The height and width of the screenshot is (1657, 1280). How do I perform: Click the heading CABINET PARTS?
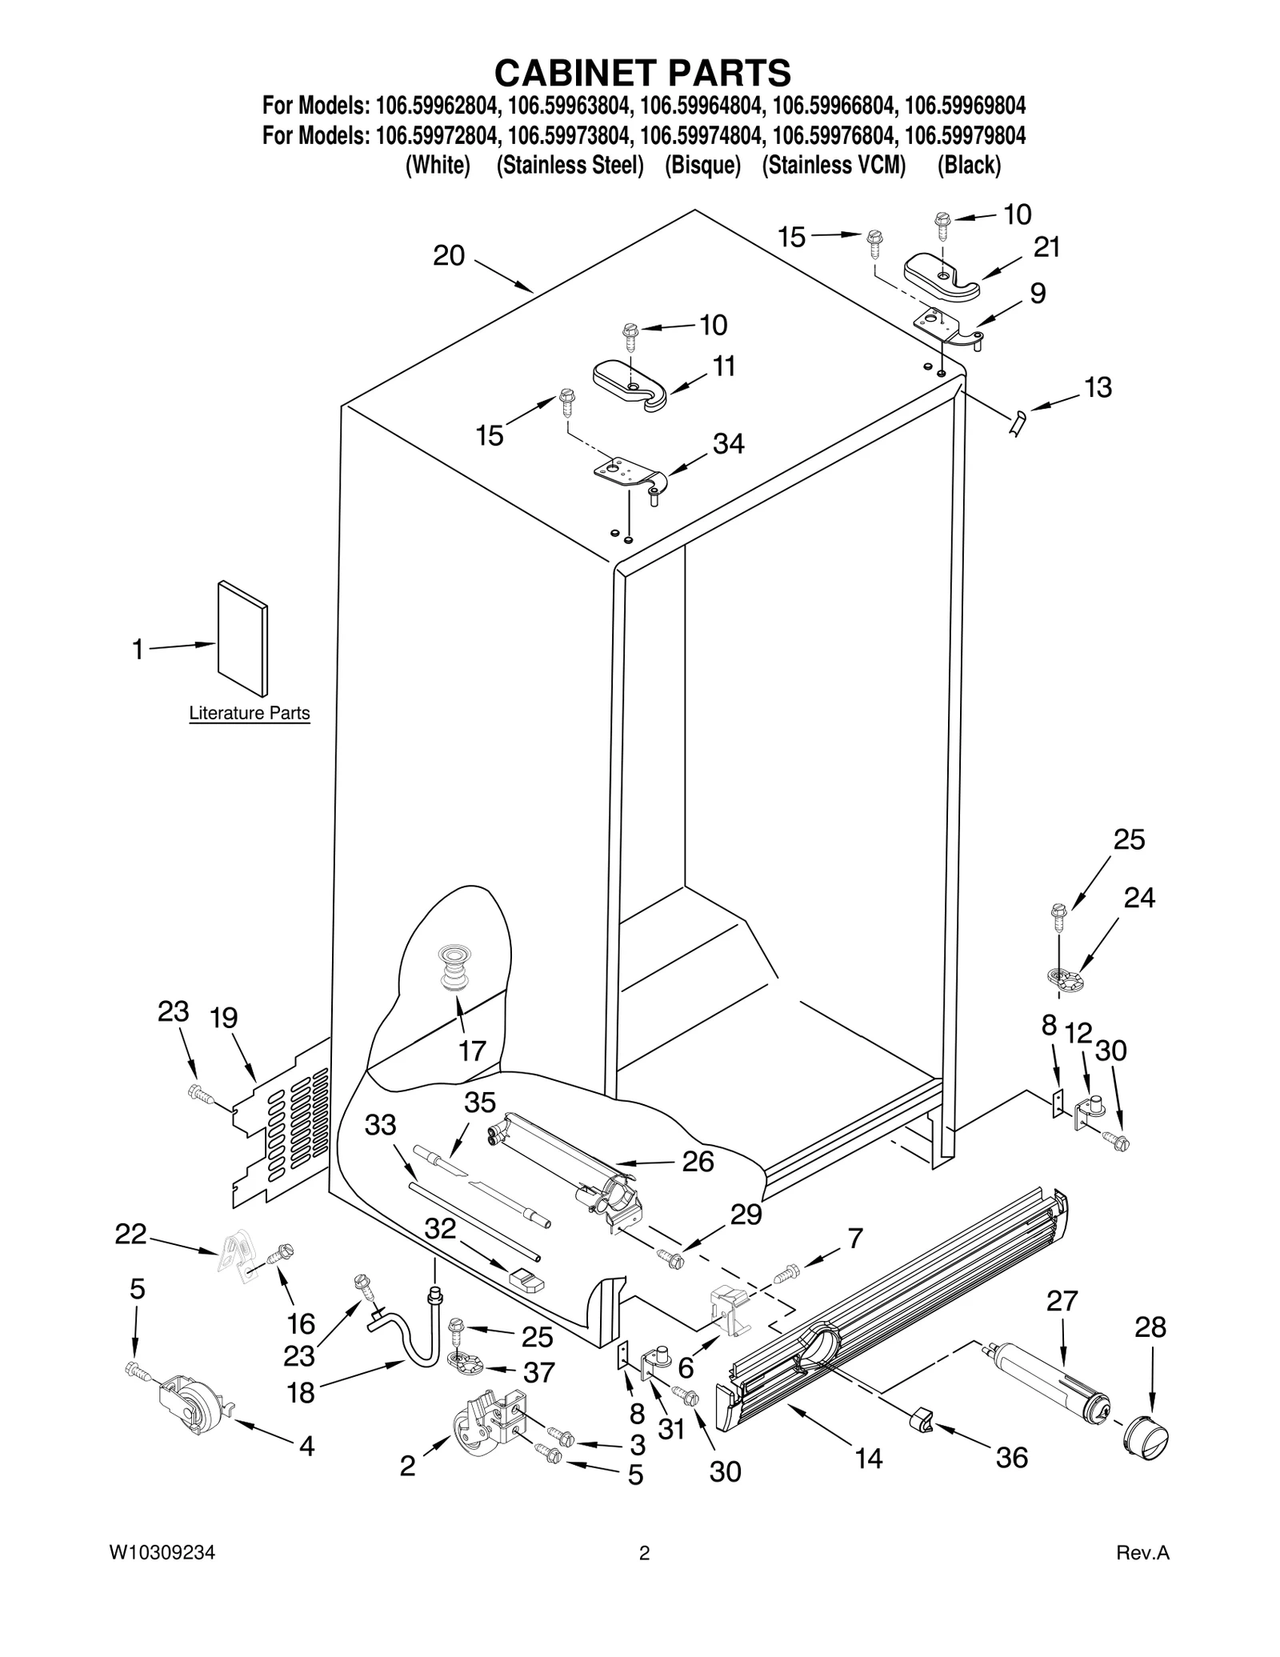point(642,73)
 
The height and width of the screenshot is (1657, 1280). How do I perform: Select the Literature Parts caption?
point(249,713)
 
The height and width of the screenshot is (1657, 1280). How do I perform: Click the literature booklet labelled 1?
point(242,638)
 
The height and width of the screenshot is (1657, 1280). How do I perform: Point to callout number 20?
point(449,255)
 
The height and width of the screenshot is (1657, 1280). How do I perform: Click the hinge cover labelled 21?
point(941,279)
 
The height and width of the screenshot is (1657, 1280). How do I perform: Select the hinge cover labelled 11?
point(632,384)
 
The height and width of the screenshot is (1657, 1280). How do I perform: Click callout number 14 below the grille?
point(868,1458)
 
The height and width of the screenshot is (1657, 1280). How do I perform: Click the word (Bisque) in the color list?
point(702,166)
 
